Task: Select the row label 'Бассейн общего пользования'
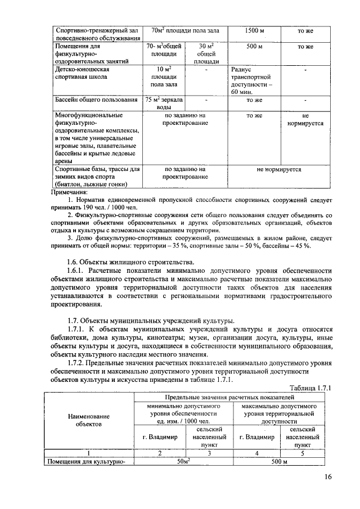click(96, 100)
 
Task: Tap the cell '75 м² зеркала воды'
click(164, 103)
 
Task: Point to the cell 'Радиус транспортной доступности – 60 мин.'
click(251, 80)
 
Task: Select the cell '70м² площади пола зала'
click(185, 30)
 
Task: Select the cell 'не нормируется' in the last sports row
click(279, 169)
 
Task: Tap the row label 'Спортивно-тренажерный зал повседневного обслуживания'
click(94, 34)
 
